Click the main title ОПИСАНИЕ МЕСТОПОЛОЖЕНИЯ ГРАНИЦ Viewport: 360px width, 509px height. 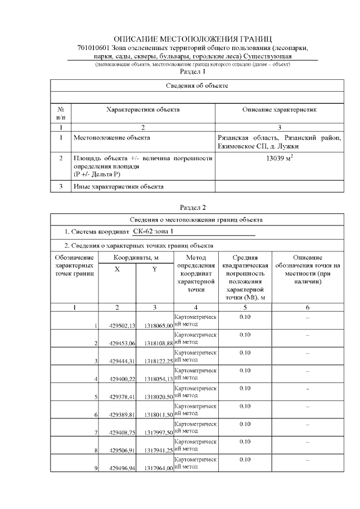click(196, 39)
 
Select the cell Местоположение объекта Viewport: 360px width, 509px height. click(112, 137)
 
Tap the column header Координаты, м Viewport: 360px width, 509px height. click(136, 257)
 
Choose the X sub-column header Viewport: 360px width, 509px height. click(117, 269)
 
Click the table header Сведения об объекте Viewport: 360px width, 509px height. click(196, 85)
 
